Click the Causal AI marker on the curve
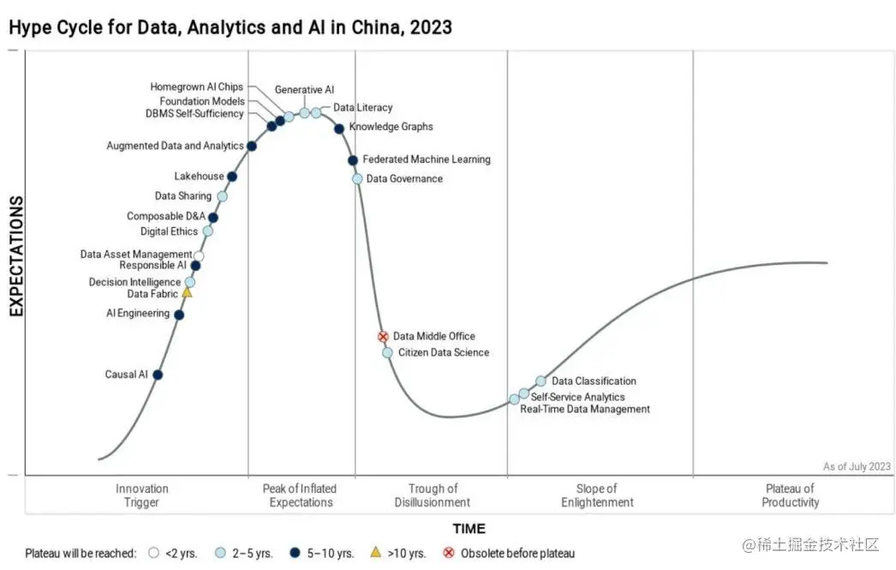click(x=158, y=375)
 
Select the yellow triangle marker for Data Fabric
click(x=187, y=292)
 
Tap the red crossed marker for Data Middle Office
click(x=383, y=337)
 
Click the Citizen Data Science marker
click(x=387, y=352)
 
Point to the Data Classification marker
click(x=541, y=381)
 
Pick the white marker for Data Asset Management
click(x=199, y=255)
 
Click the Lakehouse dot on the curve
click(x=232, y=177)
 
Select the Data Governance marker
click(x=357, y=178)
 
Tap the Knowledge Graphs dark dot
click(x=339, y=129)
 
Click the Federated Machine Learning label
click(x=427, y=159)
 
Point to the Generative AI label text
click(x=304, y=89)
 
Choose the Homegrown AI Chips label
click(x=196, y=87)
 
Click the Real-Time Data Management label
click(x=585, y=410)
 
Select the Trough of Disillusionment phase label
click(x=432, y=495)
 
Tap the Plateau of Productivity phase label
click(x=790, y=495)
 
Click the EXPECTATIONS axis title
click(x=16, y=255)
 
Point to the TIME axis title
click(x=469, y=529)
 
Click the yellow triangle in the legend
click(x=375, y=553)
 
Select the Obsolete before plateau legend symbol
click(x=448, y=553)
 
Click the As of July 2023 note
click(x=857, y=466)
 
